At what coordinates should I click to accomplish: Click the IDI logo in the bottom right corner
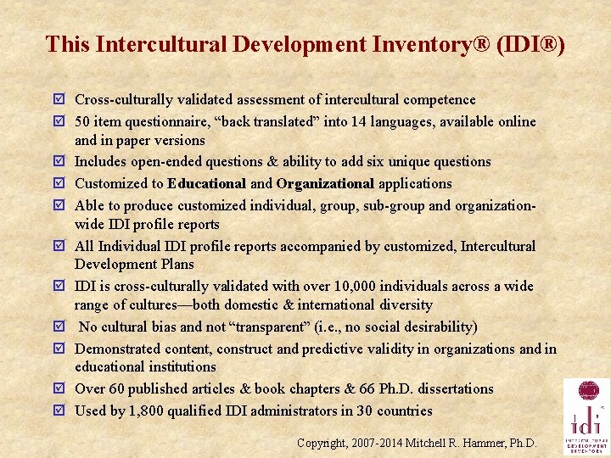[x=586, y=417]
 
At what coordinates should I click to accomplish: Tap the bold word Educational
[x=207, y=183]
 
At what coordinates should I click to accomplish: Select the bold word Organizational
[x=325, y=183]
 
